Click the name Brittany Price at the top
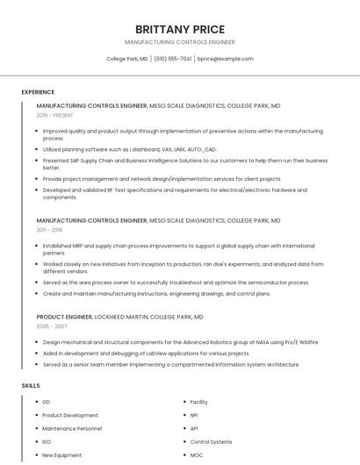pyautogui.click(x=180, y=29)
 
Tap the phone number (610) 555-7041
pyautogui.click(x=173, y=59)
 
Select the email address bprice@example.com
pyautogui.click(x=225, y=59)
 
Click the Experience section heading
pyautogui.click(x=38, y=92)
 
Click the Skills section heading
pyautogui.click(x=30, y=385)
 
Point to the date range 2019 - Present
pyautogui.click(x=55, y=115)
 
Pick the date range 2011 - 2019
pyautogui.click(x=49, y=230)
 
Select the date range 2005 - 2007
pyautogui.click(x=52, y=325)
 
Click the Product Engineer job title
pyautogui.click(x=64, y=316)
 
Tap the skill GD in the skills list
pyautogui.click(x=47, y=402)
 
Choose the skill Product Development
pyautogui.click(x=70, y=415)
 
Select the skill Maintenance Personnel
pyautogui.click(x=72, y=428)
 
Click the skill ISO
pyautogui.click(x=47, y=441)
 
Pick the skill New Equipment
pyautogui.click(x=61, y=455)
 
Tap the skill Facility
pyautogui.click(x=198, y=402)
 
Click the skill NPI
pyautogui.click(x=194, y=415)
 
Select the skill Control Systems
pyautogui.click(x=211, y=441)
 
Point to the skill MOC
pyautogui.click(x=196, y=455)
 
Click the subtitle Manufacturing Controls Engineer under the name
pyautogui.click(x=180, y=42)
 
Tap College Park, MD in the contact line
pyautogui.click(x=126, y=59)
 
